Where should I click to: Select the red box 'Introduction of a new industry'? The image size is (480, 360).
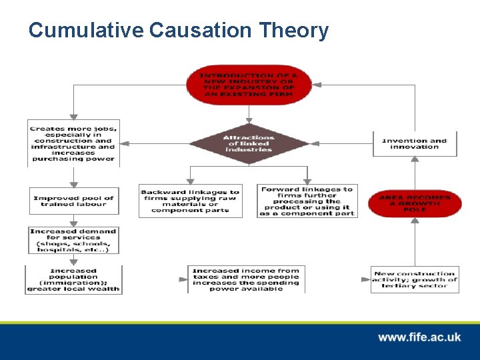pos(249,85)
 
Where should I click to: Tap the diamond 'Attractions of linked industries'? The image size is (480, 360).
pos(248,143)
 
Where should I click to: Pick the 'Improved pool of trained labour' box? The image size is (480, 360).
pos(73,201)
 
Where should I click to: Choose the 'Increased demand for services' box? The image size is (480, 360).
pos(73,240)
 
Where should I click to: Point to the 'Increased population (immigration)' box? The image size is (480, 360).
pos(73,279)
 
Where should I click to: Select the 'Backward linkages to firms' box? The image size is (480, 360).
pos(190,201)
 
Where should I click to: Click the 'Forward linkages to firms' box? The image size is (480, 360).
pos(307,201)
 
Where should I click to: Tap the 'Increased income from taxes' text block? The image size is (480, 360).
pos(246,279)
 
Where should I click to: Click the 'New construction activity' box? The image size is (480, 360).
pos(415,279)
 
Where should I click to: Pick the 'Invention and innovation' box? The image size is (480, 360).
pos(415,143)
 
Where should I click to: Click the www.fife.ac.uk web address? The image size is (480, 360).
pos(419,337)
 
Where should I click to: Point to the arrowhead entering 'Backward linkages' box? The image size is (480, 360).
pos(190,181)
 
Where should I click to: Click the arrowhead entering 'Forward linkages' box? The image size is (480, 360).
pos(307,181)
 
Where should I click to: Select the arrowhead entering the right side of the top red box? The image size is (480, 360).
pos(317,85)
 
